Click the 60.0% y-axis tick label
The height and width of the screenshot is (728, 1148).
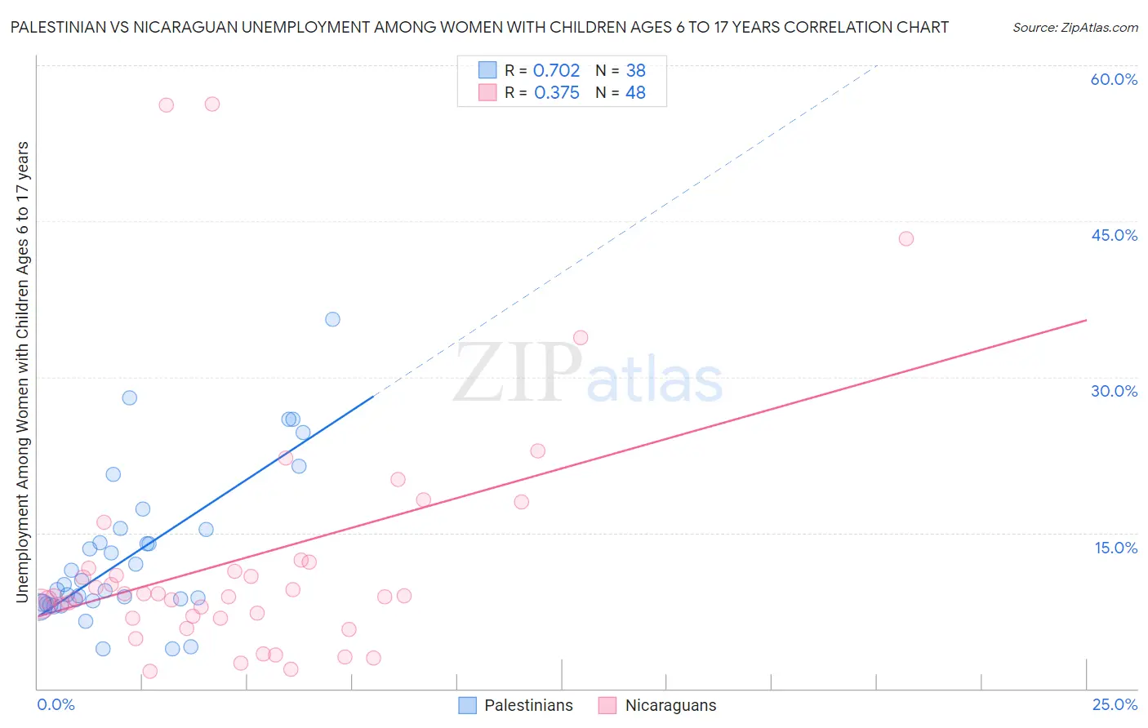1114,79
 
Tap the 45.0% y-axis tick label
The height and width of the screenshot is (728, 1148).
1114,235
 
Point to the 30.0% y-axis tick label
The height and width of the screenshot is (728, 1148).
1114,391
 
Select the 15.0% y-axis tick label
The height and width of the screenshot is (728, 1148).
1115,548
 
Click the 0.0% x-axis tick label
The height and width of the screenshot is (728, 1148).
56,704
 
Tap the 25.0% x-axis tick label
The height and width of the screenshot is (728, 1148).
1115,704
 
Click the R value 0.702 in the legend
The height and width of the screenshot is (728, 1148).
556,71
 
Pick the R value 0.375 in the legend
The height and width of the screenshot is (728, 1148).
556,93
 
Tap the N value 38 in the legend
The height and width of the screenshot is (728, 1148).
635,71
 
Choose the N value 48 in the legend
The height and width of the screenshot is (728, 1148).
635,93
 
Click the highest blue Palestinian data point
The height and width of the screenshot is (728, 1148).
332,319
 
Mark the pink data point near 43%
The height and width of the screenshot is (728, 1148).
905,238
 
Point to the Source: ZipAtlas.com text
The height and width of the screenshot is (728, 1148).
1075,27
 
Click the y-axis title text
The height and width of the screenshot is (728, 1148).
22,371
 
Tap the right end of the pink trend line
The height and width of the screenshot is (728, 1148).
1086,320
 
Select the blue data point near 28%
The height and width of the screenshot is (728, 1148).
129,397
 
